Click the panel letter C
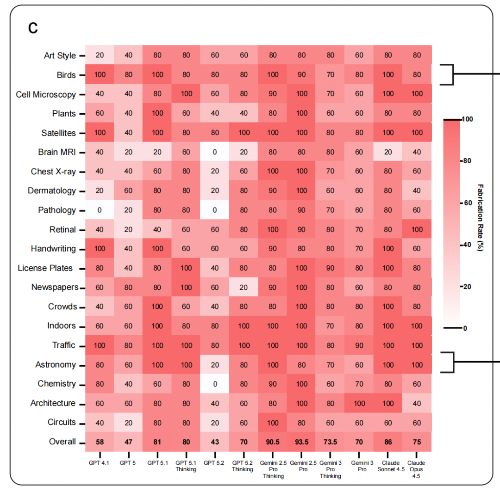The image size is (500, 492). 33,28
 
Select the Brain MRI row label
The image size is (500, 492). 57,152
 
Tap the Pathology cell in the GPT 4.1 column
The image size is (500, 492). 100,210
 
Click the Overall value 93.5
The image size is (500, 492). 301,442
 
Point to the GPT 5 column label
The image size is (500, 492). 128,462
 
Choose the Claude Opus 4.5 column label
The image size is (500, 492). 417,469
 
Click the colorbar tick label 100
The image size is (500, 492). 468,119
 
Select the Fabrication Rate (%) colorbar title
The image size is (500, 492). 480,217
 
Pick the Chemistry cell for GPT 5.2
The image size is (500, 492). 215,384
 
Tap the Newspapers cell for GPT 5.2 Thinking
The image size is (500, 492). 244,287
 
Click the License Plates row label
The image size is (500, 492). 45,268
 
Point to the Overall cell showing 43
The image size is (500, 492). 215,442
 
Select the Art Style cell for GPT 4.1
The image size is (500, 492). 100,55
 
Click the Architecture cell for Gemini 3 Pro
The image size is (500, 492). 359,403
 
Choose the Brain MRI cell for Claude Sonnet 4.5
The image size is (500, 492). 388,152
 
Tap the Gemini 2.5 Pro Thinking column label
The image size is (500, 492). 273,469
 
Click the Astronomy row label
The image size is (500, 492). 56,365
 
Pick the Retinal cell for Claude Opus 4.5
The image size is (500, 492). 417,229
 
